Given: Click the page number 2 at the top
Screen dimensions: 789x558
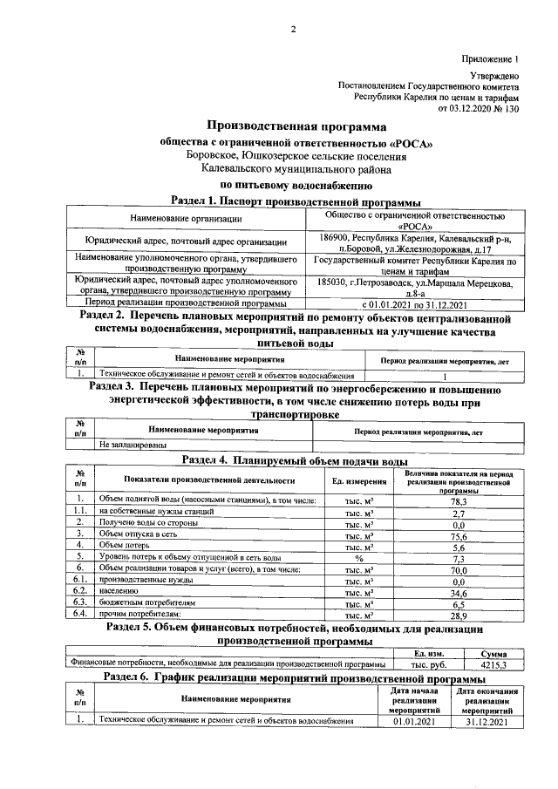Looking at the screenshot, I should coord(293,31).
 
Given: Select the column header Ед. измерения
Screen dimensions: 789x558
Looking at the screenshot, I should coord(358,480).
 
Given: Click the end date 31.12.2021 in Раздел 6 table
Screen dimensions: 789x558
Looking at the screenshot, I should coord(486,722).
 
